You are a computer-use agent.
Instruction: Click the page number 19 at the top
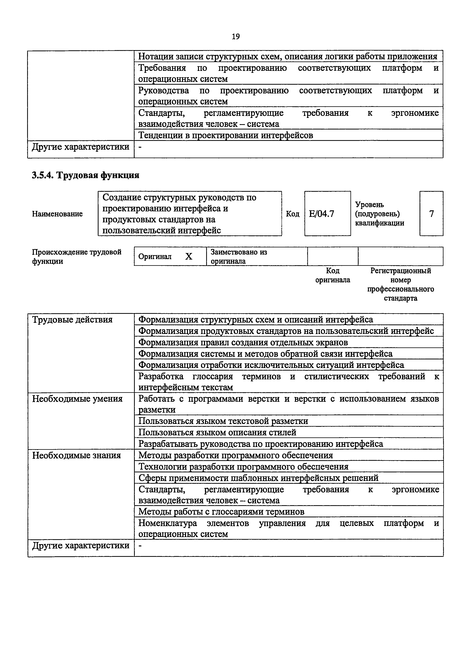pyautogui.click(x=235, y=37)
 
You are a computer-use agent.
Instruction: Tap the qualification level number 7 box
pyautogui.click(x=431, y=214)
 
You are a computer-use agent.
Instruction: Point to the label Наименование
pyautogui.click(x=57, y=214)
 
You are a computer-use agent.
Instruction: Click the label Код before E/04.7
pyautogui.click(x=293, y=214)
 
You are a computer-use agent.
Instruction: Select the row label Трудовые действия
pyautogui.click(x=72, y=320)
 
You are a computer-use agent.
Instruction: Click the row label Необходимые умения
pyautogui.click(x=77, y=399)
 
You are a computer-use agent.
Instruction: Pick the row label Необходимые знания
pyautogui.click(x=76, y=455)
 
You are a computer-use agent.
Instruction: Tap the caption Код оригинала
pyautogui.click(x=333, y=275)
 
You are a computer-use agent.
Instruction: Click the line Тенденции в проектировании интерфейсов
pyautogui.click(x=226, y=135)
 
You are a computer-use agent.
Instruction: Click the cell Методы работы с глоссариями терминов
pyautogui.click(x=221, y=512)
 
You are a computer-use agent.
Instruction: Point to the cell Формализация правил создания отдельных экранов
pyautogui.click(x=243, y=342)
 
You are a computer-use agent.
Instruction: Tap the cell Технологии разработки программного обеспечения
pyautogui.click(x=243, y=467)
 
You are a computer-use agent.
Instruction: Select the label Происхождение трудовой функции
pyautogui.click(x=77, y=256)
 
